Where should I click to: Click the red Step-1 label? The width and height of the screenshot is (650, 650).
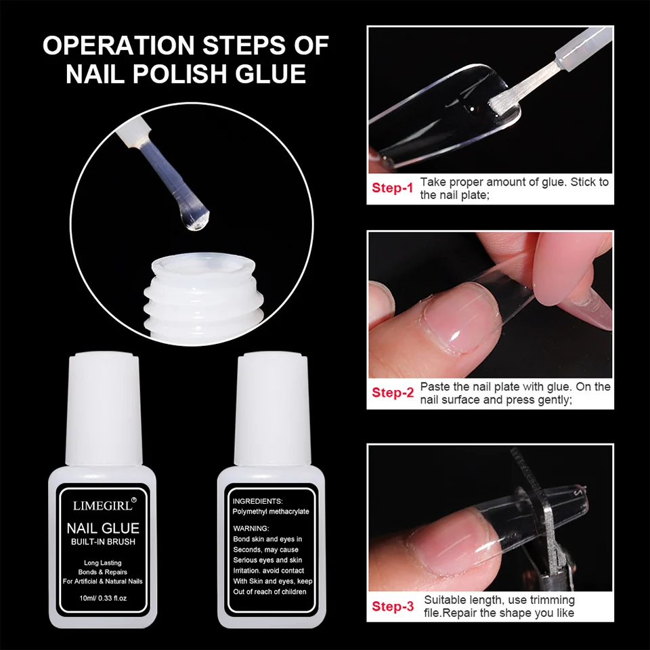coord(392,188)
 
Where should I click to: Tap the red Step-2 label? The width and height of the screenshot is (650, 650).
coord(392,393)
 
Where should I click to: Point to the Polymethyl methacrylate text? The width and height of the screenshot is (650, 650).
coord(270,512)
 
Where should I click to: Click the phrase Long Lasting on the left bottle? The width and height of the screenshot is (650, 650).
coord(102,563)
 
